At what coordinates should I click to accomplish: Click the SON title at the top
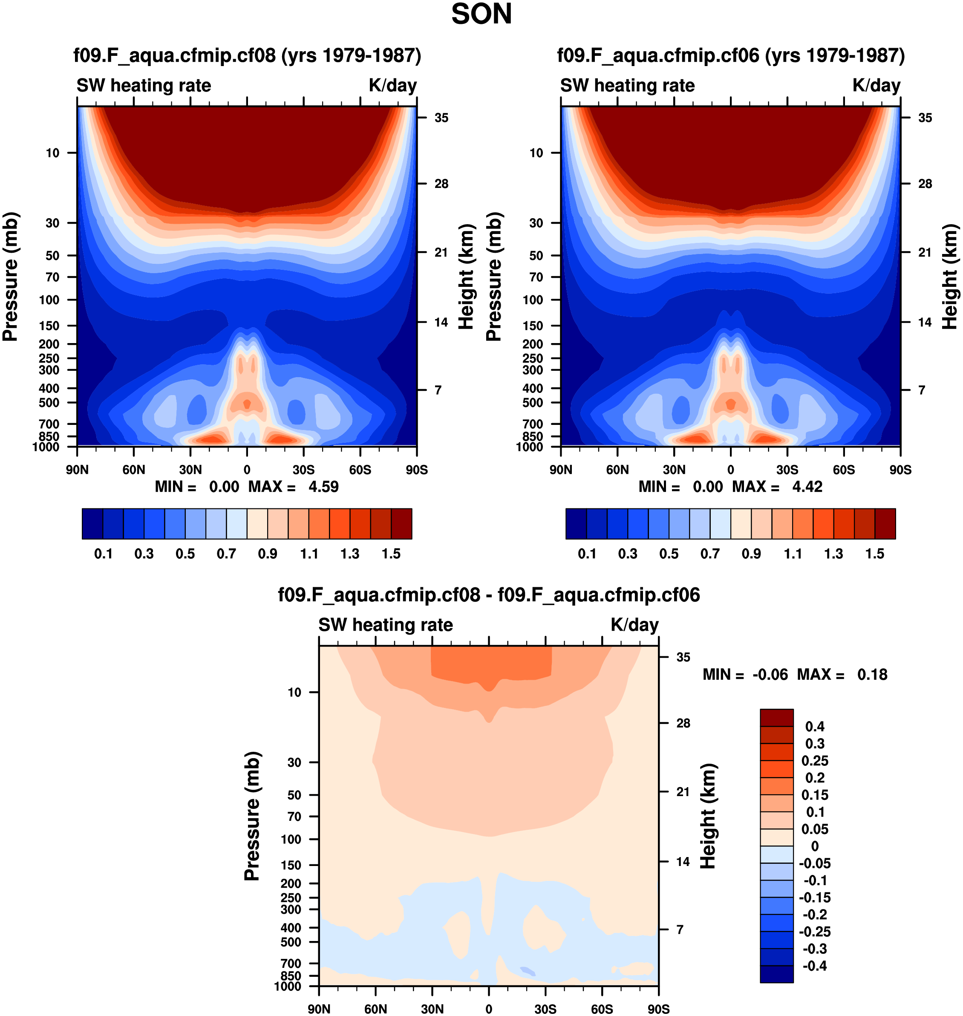coord(481,14)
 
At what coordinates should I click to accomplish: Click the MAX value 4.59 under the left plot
coord(323,487)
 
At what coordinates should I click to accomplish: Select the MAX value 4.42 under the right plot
coord(807,487)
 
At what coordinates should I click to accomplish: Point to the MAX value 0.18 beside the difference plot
coord(872,675)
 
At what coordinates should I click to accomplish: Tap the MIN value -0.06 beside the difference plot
coord(770,675)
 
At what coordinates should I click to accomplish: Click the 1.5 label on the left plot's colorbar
coord(391,554)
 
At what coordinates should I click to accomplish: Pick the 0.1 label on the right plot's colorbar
coord(587,554)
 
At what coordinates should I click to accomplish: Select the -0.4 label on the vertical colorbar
coord(815,966)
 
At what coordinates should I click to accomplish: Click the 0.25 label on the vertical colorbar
coord(815,761)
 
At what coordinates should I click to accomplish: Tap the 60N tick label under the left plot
coord(133,470)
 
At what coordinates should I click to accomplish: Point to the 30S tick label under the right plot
coord(787,470)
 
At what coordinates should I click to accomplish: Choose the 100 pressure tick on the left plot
coord(49,300)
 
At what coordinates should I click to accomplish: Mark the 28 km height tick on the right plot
coord(925,184)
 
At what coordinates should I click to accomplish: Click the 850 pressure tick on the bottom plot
coord(291,976)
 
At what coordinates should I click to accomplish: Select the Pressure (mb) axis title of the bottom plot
coord(252,816)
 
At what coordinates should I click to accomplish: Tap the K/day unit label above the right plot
coord(876,85)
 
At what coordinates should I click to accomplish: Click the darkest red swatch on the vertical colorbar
coord(777,718)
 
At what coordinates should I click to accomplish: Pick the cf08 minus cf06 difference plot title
coord(489,595)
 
